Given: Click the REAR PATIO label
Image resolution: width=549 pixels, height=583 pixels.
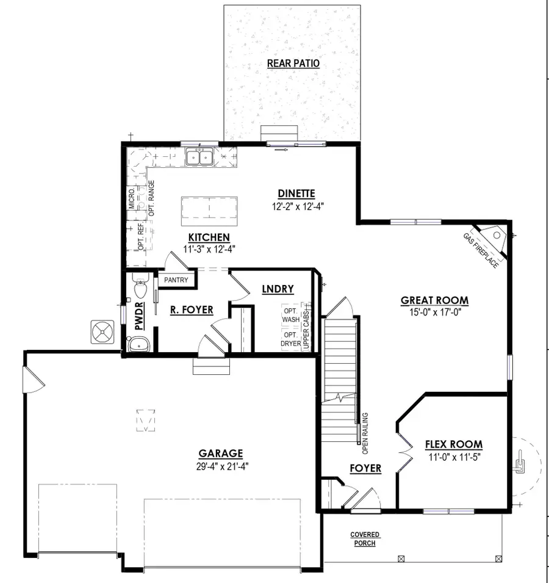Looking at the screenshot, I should tap(293, 63).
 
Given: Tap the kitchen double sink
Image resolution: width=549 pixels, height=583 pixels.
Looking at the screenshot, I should tap(199, 158).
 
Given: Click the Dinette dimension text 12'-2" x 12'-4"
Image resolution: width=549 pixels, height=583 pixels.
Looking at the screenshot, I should tap(297, 206).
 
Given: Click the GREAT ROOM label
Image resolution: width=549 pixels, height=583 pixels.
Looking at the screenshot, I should tap(434, 300).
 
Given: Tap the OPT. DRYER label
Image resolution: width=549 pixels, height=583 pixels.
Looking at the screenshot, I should tap(291, 339).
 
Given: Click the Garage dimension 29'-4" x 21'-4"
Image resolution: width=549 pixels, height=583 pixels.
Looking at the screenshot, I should tap(221, 465).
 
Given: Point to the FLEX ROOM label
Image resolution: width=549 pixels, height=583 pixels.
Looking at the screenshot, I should tap(453, 444).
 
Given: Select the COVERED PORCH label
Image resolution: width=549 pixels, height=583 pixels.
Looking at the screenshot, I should tap(365, 539).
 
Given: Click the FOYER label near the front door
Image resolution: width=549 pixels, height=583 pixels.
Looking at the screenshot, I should tap(365, 468).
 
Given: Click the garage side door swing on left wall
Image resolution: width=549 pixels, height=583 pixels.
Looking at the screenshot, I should tap(32, 380).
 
